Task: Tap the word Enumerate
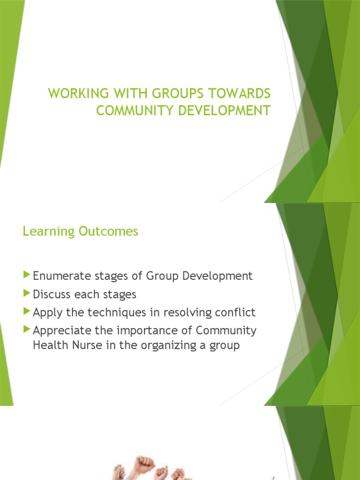click(x=60, y=276)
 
